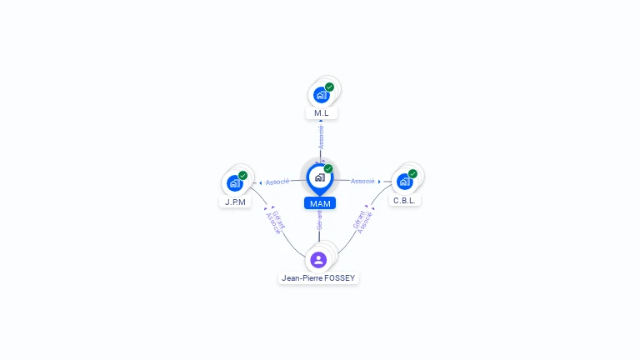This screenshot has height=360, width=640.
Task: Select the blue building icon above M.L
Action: point(321,95)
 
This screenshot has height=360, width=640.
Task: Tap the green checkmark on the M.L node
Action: point(330,87)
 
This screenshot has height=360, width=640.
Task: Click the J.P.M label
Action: point(235,201)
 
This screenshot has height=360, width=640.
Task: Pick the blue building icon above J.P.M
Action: point(234,182)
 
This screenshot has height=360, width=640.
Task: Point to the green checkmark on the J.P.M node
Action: point(243,175)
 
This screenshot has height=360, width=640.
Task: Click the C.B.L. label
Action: point(406,200)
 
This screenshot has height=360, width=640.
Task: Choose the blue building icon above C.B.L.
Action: point(404,181)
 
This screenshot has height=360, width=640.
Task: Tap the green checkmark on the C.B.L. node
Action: point(413,173)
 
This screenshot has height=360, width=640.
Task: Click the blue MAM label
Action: point(319,203)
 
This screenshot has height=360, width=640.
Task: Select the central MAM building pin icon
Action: point(318,177)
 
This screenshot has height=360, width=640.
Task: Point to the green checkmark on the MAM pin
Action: point(328,168)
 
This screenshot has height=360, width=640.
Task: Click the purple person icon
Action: point(318,259)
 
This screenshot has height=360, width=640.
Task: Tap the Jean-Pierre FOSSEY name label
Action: point(319,278)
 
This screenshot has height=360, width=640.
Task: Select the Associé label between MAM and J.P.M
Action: point(277,182)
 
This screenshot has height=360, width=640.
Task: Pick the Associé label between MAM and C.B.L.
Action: point(362,181)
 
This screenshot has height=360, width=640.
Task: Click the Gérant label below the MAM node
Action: point(319,220)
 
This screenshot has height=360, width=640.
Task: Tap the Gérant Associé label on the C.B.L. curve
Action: point(362,221)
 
